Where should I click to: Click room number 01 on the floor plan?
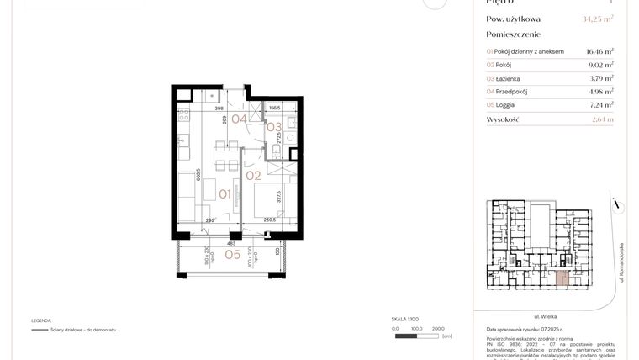(x=225, y=194)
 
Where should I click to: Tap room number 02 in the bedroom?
(x=253, y=176)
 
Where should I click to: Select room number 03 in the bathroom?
(x=273, y=127)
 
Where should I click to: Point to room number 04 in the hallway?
(x=239, y=119)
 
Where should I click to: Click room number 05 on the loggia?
(x=233, y=254)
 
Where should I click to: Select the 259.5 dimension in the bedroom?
(x=269, y=221)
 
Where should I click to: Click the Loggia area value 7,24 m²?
(x=599, y=104)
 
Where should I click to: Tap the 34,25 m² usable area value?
(x=597, y=19)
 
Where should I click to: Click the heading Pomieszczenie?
(x=513, y=34)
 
